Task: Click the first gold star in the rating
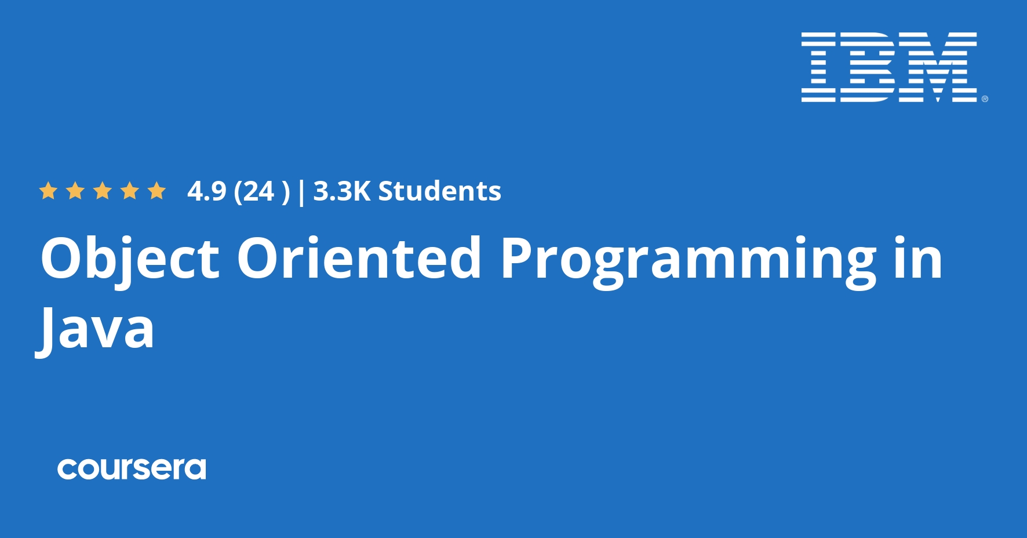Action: tap(48, 191)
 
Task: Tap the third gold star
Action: tap(103, 191)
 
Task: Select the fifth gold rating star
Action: tap(156, 191)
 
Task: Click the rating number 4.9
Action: tap(206, 191)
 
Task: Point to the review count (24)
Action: tap(261, 191)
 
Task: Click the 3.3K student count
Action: tap(341, 191)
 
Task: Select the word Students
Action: tap(439, 191)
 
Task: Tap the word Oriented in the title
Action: tap(359, 259)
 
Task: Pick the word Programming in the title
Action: tap(688, 259)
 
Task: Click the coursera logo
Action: tap(132, 468)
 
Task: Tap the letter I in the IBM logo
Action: tap(818, 67)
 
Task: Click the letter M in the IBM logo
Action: tap(937, 67)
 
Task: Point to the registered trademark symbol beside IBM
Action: tap(985, 99)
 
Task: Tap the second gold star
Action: tap(75, 191)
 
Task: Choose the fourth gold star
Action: tap(130, 191)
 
